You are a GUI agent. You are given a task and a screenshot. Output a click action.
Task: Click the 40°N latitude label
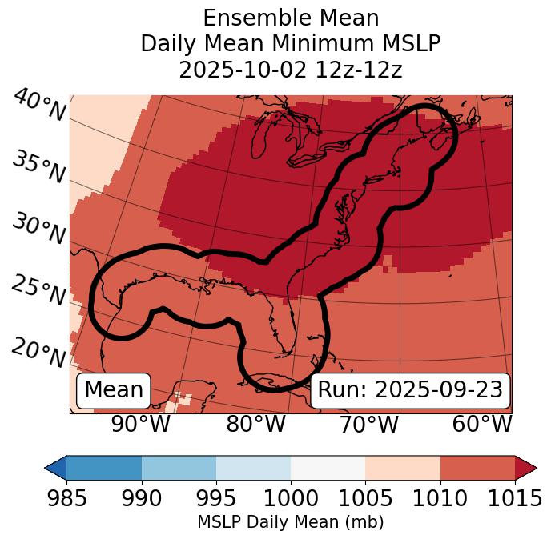38,106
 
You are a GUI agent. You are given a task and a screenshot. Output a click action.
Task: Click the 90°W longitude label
140,424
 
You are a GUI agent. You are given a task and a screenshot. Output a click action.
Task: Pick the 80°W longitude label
255,424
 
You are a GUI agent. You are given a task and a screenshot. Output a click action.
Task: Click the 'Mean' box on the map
114,390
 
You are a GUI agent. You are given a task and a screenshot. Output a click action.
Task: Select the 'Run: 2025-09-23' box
410,390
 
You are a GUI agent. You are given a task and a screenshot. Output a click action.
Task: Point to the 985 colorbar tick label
66,498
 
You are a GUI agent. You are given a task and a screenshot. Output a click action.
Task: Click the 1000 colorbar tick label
291,498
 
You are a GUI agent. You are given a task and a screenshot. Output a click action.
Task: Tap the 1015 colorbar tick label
515,498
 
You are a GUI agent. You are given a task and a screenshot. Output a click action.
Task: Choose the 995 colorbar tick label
216,498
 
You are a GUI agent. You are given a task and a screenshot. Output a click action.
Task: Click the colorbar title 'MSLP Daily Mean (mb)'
290,523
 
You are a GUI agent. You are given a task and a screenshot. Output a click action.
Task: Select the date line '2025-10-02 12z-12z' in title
290,70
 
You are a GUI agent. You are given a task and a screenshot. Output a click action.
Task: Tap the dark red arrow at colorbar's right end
526,468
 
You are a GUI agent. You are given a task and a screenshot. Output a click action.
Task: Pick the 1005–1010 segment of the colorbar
403,468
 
